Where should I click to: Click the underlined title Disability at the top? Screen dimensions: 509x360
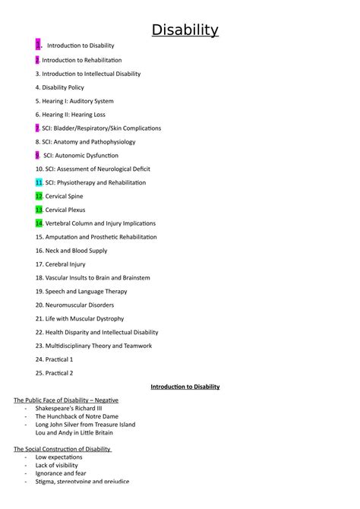point(185,30)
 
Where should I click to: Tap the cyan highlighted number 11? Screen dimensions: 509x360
point(39,182)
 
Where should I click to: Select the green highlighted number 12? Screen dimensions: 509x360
point(39,196)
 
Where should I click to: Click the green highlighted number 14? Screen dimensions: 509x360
point(39,223)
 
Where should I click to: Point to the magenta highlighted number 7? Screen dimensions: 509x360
point(37,128)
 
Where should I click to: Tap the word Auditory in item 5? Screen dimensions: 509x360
point(84,101)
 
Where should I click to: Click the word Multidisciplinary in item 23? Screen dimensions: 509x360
point(71,346)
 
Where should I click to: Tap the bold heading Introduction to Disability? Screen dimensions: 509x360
point(185,387)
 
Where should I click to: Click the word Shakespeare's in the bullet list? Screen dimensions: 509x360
point(57,408)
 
